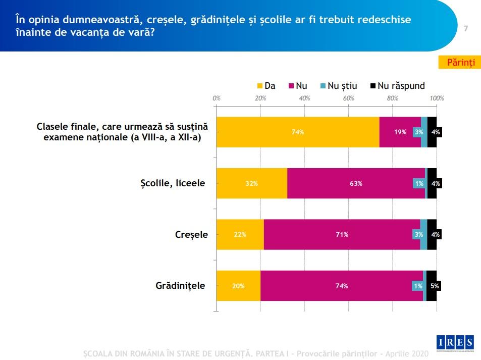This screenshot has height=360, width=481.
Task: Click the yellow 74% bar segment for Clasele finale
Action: (x=298, y=132)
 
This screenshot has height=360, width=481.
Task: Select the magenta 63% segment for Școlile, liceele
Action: (x=356, y=183)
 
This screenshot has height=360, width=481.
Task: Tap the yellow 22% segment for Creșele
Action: (x=240, y=234)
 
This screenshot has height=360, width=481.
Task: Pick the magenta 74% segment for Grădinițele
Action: (x=342, y=286)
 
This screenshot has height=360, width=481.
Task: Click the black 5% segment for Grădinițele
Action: (x=432, y=286)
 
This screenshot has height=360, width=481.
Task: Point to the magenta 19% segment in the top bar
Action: (x=400, y=132)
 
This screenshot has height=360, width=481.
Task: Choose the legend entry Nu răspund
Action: (x=398, y=86)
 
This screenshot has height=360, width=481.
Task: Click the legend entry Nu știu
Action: (x=338, y=86)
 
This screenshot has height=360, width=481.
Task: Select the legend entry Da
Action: (x=266, y=86)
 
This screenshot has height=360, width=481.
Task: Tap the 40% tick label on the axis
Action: (x=304, y=98)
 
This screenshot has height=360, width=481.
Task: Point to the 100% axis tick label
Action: (x=436, y=98)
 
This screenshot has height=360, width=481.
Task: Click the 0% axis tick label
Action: (x=217, y=98)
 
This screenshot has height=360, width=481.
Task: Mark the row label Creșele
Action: (x=191, y=235)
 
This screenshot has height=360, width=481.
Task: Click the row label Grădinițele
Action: (x=180, y=286)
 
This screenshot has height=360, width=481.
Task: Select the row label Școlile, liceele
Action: (x=173, y=183)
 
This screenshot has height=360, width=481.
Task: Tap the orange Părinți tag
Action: (x=460, y=62)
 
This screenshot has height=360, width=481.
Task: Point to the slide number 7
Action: (x=466, y=29)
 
